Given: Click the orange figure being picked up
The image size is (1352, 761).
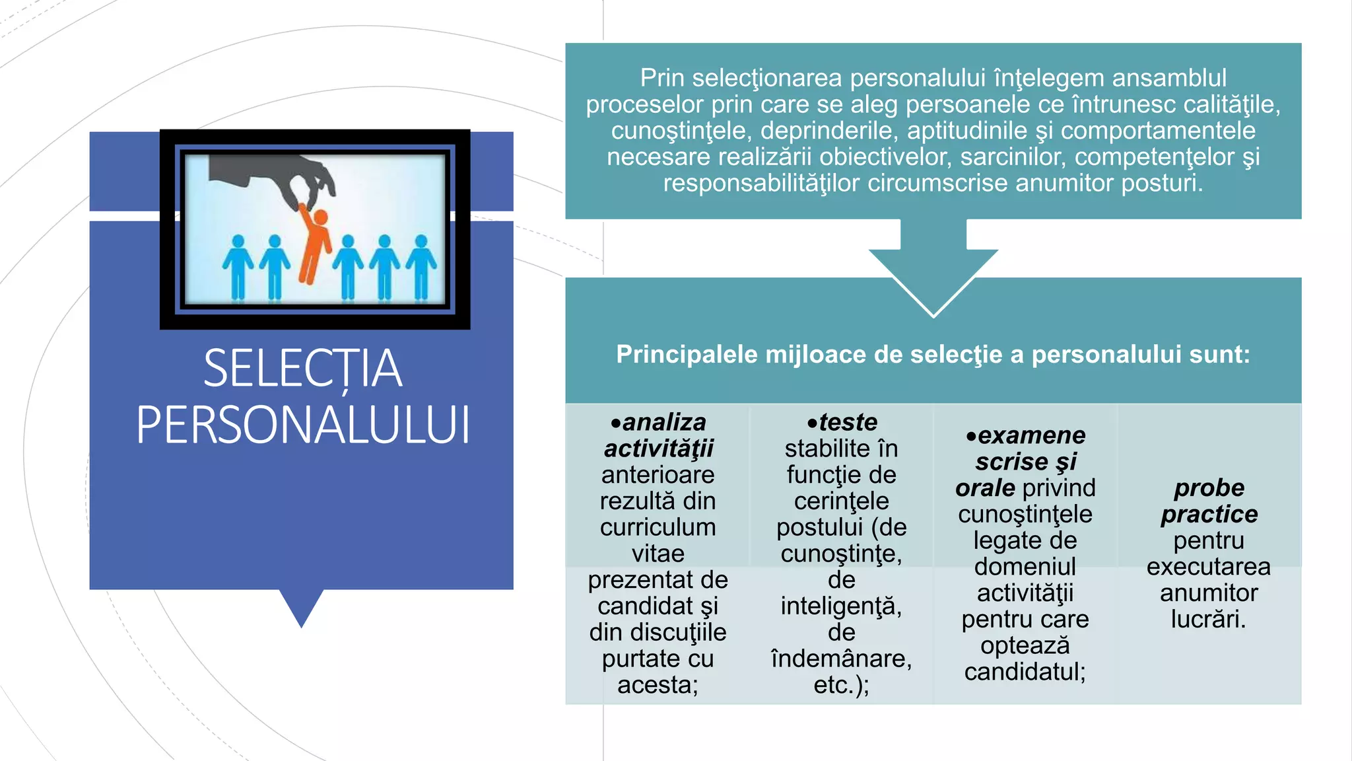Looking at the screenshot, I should pos(315,244).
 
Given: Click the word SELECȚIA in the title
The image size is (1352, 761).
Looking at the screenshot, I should pos(302,369).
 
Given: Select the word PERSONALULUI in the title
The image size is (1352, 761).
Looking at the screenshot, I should pos(303,425).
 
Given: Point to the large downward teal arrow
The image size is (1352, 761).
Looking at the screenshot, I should pos(933,271).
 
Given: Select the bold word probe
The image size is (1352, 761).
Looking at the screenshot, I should pos(1209,488).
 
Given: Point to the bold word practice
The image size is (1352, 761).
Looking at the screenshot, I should pos(1209,514).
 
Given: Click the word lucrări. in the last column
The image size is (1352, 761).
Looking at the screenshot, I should pos(1208,619).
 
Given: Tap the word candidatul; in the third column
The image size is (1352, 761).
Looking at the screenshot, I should pos(1025,672).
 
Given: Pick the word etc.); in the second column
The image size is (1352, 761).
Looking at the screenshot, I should pos(841,685).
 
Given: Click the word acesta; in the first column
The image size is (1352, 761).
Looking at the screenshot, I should pos(658,685).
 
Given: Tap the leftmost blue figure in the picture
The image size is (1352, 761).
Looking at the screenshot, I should pos(238,267).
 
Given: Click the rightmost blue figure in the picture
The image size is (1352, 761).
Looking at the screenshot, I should pos(421,267).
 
